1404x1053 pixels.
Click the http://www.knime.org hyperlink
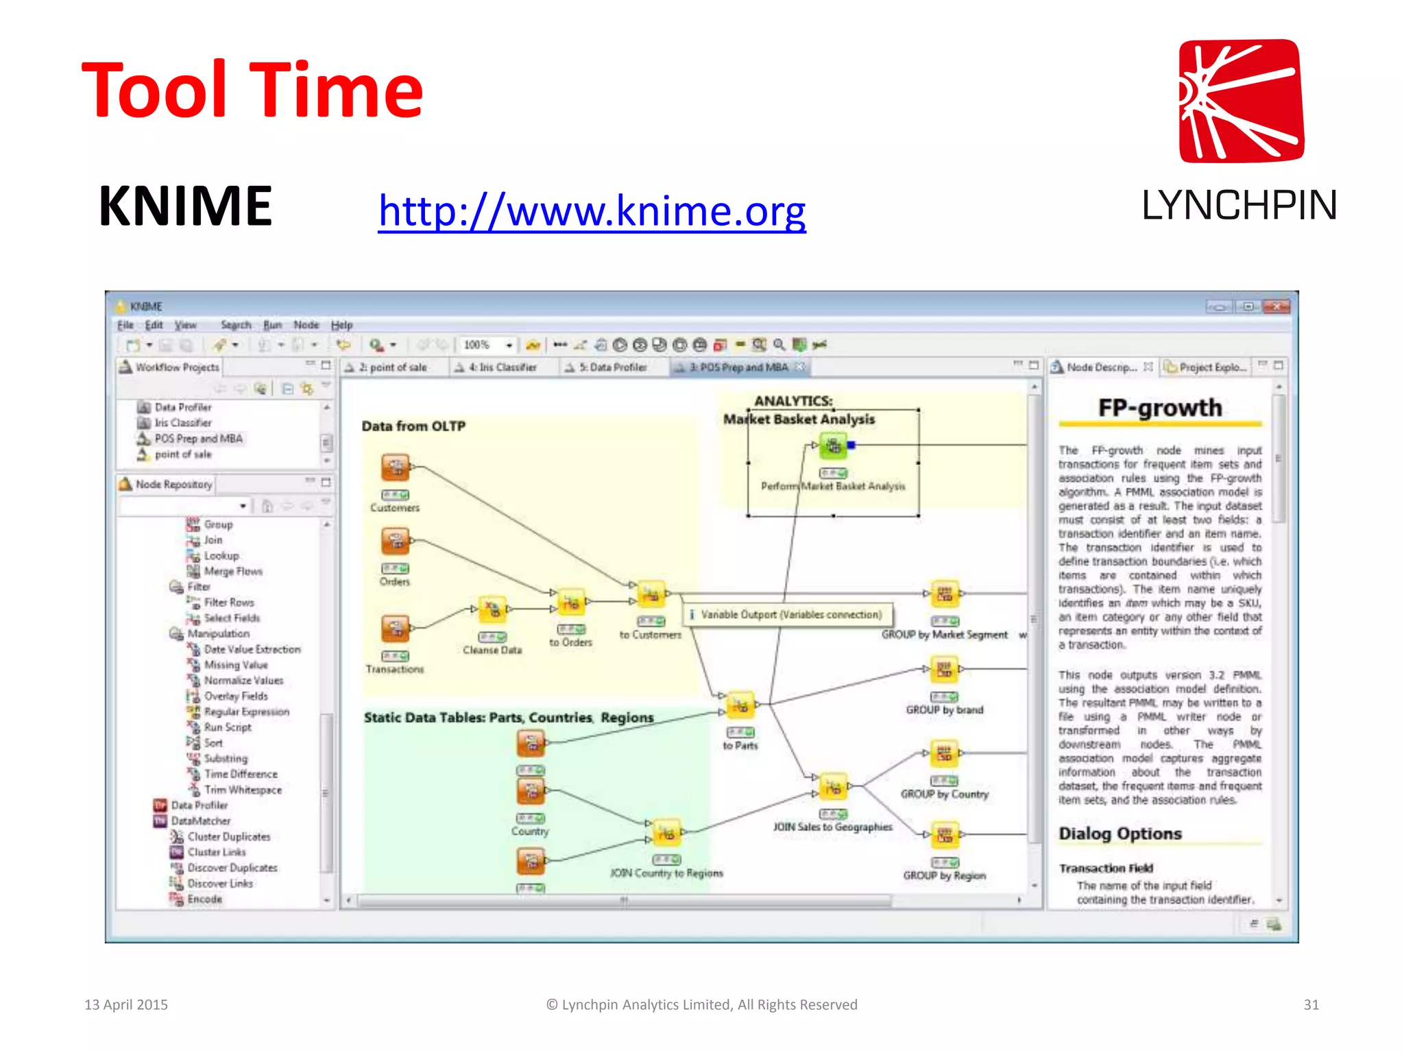coord(592,210)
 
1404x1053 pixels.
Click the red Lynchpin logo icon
coord(1241,101)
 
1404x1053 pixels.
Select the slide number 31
coord(1311,1004)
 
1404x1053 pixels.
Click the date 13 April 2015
coord(126,1004)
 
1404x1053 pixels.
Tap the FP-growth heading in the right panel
coord(1159,408)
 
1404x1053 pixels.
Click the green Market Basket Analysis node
coord(833,446)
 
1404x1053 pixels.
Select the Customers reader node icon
coord(396,468)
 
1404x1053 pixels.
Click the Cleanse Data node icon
coord(492,609)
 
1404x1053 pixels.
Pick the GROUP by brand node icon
coord(944,669)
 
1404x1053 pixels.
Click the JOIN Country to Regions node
coord(666,833)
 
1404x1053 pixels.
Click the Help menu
coord(341,325)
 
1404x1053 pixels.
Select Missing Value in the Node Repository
coord(236,665)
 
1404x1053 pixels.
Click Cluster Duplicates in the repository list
coord(229,837)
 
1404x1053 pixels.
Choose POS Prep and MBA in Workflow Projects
coord(198,439)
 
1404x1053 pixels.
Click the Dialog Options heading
coord(1119,834)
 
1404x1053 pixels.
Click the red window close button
coord(1276,306)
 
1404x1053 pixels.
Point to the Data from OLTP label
coord(413,426)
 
